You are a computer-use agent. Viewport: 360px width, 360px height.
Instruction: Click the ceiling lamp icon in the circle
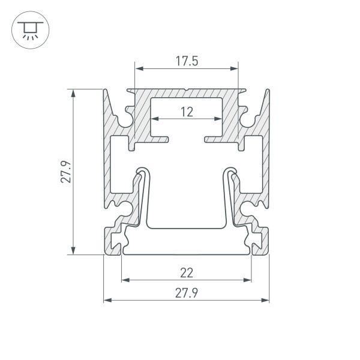pyautogui.click(x=27, y=29)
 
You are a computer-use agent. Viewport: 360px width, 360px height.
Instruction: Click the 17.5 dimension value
pyautogui.click(x=187, y=61)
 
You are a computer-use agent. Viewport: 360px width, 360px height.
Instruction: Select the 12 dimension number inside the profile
pyautogui.click(x=187, y=111)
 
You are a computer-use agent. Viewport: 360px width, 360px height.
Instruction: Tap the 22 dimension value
pyautogui.click(x=187, y=273)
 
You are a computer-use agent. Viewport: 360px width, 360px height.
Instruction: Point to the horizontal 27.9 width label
pyautogui.click(x=187, y=293)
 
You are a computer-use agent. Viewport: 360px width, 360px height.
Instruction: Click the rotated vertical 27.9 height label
pyautogui.click(x=67, y=172)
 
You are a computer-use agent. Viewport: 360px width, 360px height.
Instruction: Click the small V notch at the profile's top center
pyautogui.click(x=187, y=91)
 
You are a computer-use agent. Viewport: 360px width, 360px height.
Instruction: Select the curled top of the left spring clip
pyautogui.click(x=141, y=172)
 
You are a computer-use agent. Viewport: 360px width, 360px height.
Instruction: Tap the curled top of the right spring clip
pyautogui.click(x=232, y=172)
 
